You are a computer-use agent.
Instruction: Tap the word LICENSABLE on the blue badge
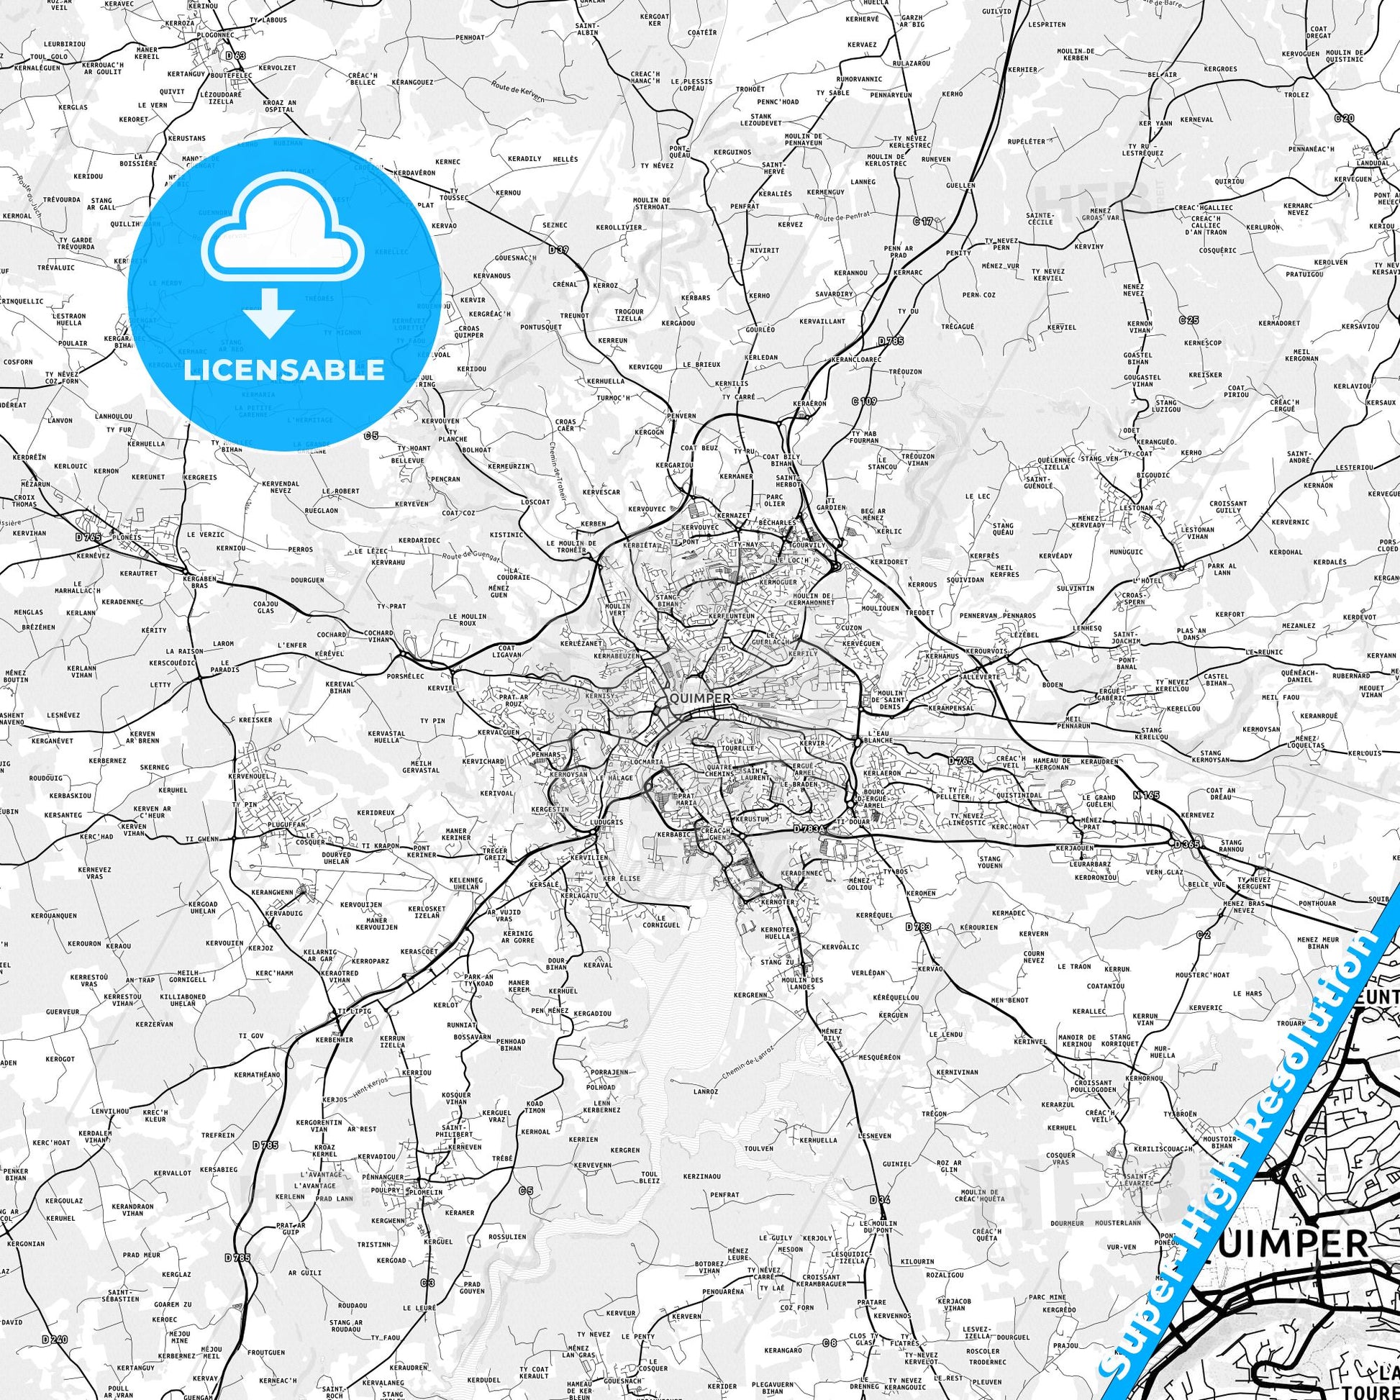[283, 370]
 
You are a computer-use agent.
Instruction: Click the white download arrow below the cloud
[269, 312]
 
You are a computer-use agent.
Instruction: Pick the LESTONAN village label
[1135, 508]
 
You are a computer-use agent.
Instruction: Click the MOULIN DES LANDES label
[803, 983]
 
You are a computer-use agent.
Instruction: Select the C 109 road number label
[865, 401]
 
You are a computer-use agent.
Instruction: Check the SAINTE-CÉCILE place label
[1040, 218]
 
